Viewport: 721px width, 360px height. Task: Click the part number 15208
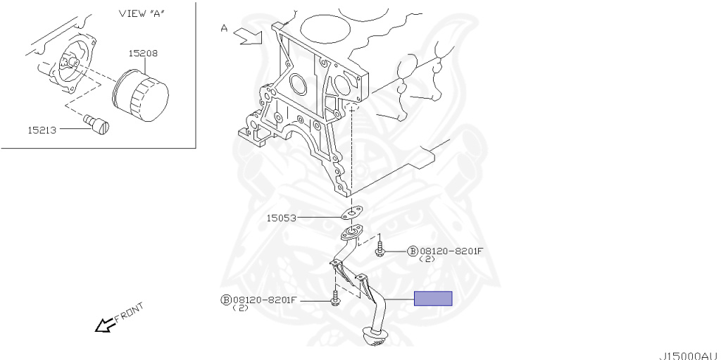(143, 53)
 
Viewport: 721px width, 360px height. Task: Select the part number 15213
(42, 130)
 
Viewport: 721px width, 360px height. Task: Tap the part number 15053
(280, 218)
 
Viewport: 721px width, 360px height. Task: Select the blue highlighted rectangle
(433, 298)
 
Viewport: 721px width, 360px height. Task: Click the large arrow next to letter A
(250, 36)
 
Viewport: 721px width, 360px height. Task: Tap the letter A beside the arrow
(224, 28)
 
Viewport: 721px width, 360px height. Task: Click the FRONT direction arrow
(106, 325)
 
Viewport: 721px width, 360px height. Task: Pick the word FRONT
(130, 311)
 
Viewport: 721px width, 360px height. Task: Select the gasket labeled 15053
(351, 213)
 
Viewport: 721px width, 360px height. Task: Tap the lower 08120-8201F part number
(265, 300)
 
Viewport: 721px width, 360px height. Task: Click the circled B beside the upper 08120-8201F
(413, 251)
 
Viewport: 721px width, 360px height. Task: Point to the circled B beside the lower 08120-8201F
(227, 300)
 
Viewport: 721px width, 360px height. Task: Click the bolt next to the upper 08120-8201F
(380, 249)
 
